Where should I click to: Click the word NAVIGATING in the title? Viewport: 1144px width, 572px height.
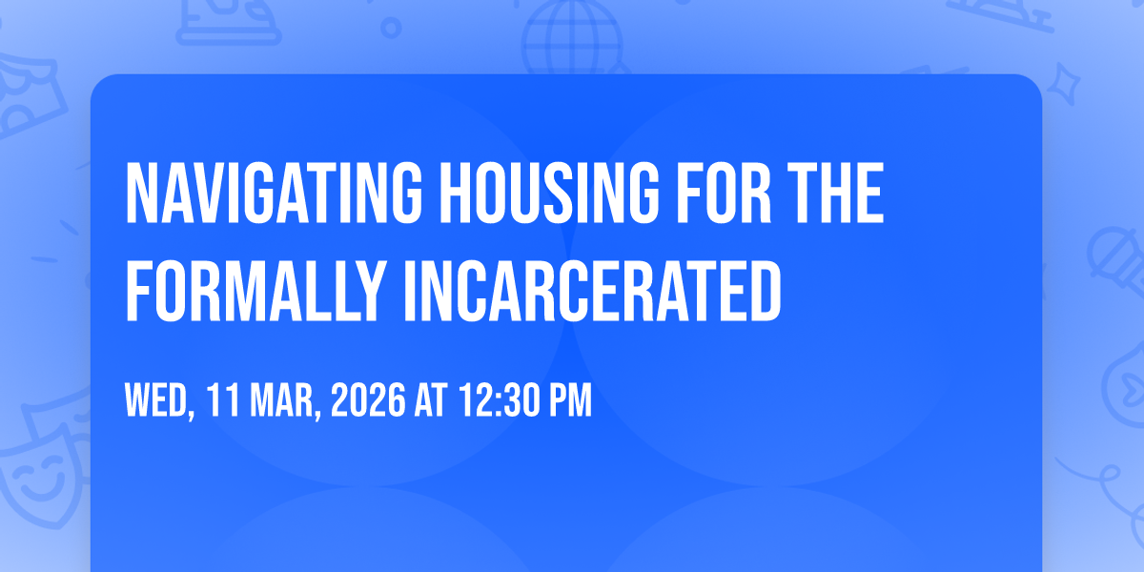click(x=274, y=193)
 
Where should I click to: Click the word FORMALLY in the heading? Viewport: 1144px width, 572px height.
click(x=255, y=291)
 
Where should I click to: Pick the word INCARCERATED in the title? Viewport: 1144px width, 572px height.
click(x=592, y=291)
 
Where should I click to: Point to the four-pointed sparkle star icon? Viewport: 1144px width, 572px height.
click(x=1064, y=84)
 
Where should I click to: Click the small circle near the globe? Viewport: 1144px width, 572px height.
click(x=391, y=28)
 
